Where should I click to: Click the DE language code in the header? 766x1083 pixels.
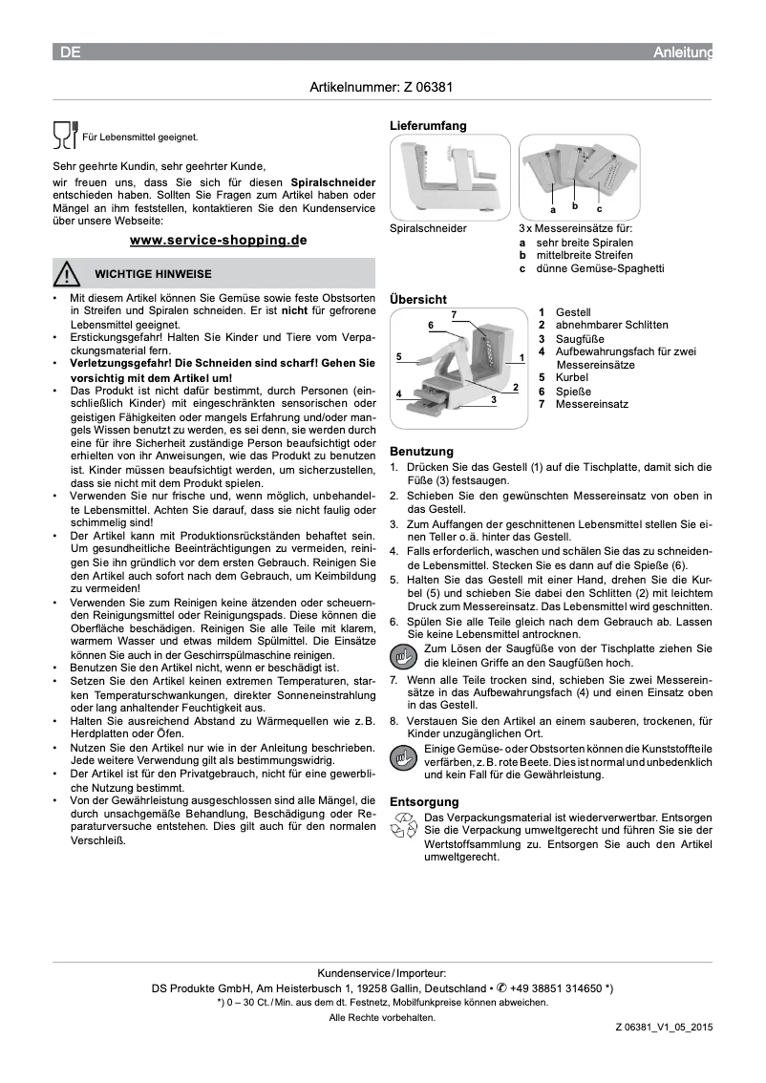pyautogui.click(x=70, y=53)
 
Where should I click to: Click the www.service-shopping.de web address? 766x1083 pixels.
pyautogui.click(x=218, y=240)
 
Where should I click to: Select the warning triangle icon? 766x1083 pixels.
pyautogui.click(x=67, y=274)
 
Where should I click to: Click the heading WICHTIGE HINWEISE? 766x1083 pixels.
pyautogui.click(x=153, y=274)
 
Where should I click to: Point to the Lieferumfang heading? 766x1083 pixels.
pyautogui.click(x=428, y=126)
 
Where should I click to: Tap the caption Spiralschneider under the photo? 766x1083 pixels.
pyautogui.click(x=428, y=229)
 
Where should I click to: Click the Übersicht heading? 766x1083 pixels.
pyautogui.click(x=417, y=299)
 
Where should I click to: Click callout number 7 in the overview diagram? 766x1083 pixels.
pyautogui.click(x=454, y=314)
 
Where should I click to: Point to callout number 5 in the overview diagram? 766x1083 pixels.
pyautogui.click(x=397, y=356)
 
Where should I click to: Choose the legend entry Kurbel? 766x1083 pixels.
pyautogui.click(x=571, y=378)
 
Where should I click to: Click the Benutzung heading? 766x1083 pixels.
pyautogui.click(x=421, y=451)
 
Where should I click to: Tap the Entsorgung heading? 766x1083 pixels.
pyautogui.click(x=424, y=801)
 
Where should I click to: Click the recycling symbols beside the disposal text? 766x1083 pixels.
pyautogui.click(x=405, y=827)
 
